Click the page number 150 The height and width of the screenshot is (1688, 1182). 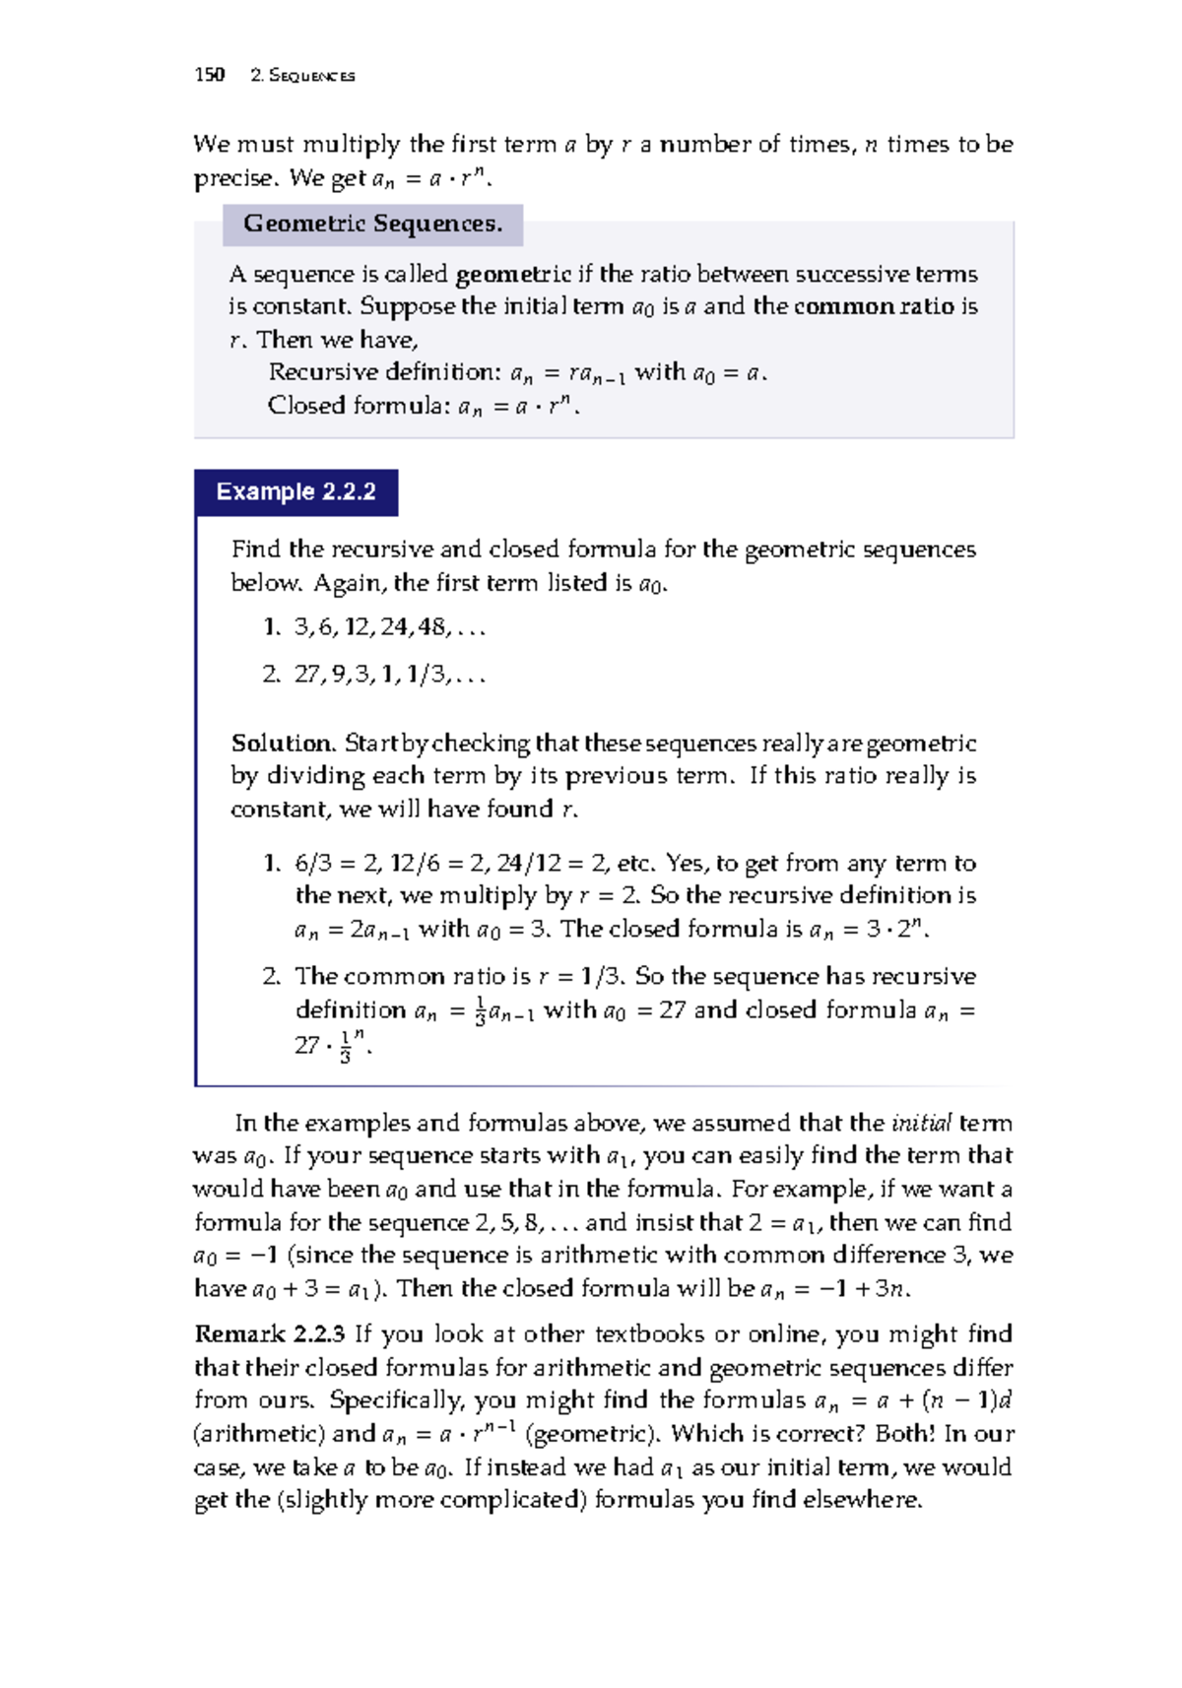pos(210,75)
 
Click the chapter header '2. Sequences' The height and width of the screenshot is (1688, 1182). pos(302,76)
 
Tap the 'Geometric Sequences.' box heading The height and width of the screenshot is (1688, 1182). pos(372,225)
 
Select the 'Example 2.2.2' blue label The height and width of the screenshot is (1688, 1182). pos(295,492)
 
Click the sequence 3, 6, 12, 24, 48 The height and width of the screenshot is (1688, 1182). pos(389,627)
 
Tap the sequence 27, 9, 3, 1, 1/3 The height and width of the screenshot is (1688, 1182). pos(389,675)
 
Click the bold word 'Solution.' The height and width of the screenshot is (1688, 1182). pos(284,744)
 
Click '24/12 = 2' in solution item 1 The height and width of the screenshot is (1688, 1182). pos(553,864)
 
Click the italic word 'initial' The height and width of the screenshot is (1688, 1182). pos(921,1124)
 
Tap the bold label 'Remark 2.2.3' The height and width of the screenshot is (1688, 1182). pos(269,1334)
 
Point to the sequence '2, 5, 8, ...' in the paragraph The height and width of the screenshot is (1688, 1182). pos(526,1223)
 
